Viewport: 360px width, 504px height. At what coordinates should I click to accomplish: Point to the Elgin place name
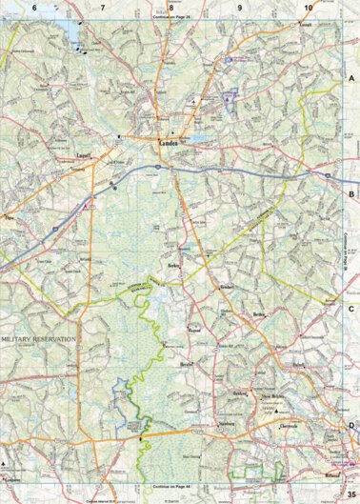coord(11,218)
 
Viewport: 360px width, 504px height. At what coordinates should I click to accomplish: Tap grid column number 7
coord(103,7)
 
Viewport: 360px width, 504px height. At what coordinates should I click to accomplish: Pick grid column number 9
coord(239,7)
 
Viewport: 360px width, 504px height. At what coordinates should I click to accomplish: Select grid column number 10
coord(308,7)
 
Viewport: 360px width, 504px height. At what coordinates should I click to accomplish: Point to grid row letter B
coord(351,194)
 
